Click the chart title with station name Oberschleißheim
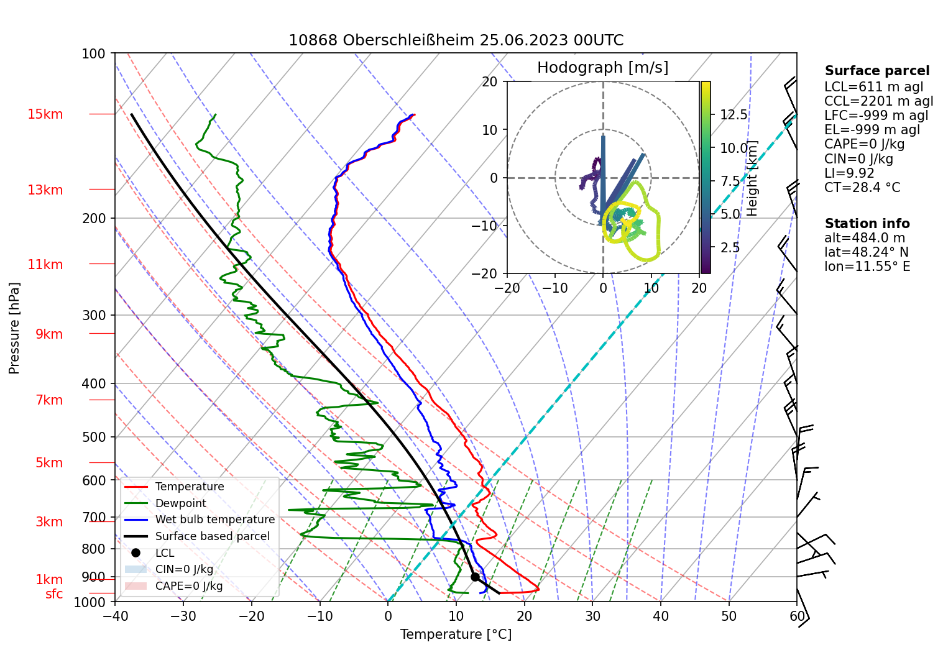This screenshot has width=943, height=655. tap(456, 40)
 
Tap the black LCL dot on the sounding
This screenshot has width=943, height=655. tap(475, 577)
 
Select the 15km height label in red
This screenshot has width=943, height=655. tap(45, 114)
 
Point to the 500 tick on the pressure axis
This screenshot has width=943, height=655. tap(94, 437)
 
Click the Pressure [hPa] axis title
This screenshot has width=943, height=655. tap(14, 327)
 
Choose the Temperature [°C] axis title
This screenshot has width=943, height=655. tap(456, 634)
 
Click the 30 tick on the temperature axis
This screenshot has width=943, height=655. tap(592, 616)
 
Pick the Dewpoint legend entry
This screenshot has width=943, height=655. tap(180, 503)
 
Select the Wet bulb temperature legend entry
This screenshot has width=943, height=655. tap(214, 520)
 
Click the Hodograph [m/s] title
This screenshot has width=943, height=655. tap(602, 67)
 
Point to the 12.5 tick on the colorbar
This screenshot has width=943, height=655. tap(734, 115)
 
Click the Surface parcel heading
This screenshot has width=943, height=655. tap(876, 71)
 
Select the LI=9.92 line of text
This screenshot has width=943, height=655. tap(849, 173)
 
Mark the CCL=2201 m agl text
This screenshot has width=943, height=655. tap(878, 101)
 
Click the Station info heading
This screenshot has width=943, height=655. tap(867, 224)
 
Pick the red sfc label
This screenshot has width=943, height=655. tap(54, 594)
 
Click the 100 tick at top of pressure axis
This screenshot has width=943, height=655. tap(94, 53)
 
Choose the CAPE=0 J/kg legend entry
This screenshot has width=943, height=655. tap(188, 586)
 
